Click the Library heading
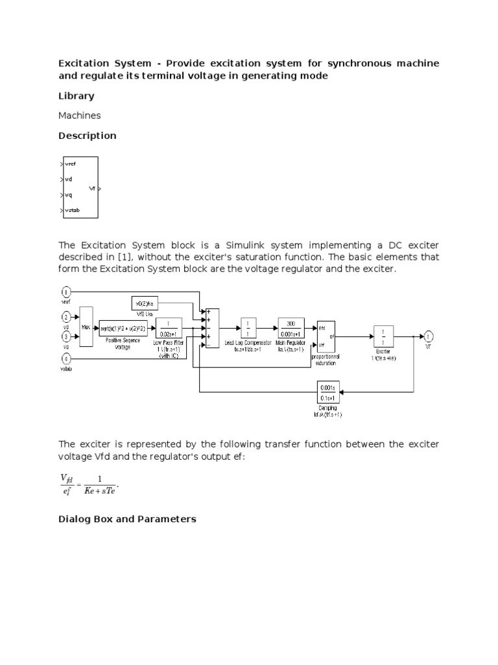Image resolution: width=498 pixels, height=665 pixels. point(76,96)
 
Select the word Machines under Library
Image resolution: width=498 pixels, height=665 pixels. point(79,116)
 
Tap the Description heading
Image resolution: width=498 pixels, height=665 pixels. point(87,136)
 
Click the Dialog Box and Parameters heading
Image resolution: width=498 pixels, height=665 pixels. point(127,520)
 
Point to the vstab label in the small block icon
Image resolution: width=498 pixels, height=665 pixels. point(71,210)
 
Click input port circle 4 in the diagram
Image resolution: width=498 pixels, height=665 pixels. point(65,357)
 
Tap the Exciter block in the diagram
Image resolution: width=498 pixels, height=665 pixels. point(383,336)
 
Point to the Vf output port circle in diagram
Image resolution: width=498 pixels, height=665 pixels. point(429,336)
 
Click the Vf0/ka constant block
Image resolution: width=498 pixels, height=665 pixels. point(145,303)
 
